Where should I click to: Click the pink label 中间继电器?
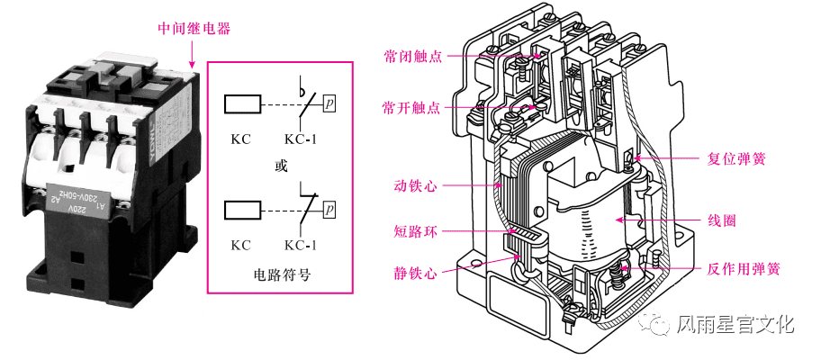click(x=194, y=29)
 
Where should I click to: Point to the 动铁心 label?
click(x=415, y=186)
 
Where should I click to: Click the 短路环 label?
click(x=415, y=231)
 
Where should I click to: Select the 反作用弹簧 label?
click(x=743, y=268)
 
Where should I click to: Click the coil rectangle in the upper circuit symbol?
click(x=240, y=104)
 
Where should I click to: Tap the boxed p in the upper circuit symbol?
click(x=330, y=103)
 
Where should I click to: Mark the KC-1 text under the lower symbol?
click(x=300, y=244)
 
